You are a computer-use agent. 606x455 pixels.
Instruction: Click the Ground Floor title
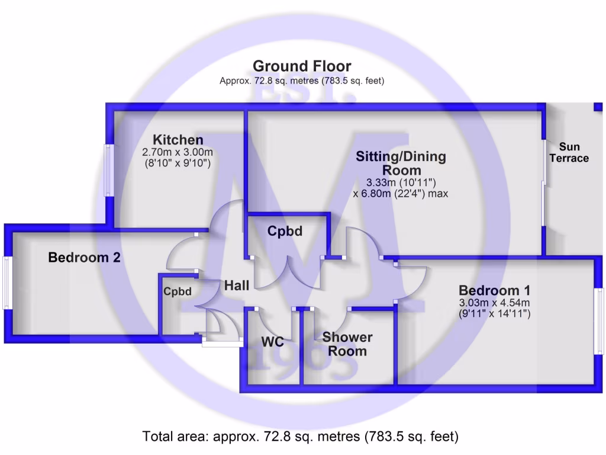302,66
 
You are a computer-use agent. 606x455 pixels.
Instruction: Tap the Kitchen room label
178,140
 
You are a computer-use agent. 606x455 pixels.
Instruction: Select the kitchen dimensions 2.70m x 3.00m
178,152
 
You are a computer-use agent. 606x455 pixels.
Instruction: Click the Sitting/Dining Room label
401,164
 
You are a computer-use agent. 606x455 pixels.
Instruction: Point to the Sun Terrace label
569,152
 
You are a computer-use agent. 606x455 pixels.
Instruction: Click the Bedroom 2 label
85,258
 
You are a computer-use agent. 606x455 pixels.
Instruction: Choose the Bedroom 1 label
494,291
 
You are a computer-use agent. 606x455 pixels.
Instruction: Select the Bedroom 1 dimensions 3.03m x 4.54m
494,303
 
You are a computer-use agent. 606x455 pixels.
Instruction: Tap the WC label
273,342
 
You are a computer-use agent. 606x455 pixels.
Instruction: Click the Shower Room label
347,344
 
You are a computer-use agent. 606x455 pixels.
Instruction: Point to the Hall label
236,286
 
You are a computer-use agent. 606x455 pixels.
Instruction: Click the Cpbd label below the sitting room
285,231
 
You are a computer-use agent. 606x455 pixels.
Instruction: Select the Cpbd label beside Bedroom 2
178,291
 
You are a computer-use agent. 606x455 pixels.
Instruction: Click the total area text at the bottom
301,437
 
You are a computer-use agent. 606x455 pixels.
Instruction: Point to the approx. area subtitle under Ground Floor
302,81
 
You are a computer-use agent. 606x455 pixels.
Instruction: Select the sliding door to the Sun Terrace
543,182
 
